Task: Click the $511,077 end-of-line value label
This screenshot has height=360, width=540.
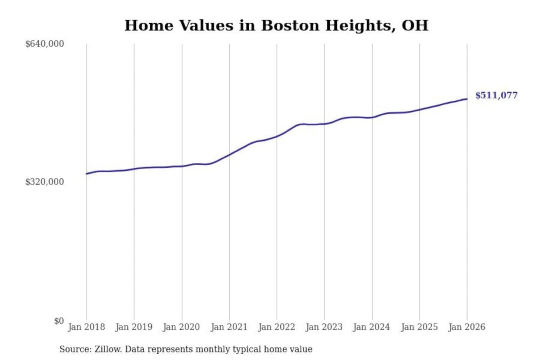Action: (496, 95)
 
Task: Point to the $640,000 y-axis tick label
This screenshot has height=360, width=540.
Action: (45, 44)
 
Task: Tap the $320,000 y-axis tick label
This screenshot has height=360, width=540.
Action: (45, 182)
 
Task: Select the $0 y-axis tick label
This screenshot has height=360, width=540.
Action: (58, 321)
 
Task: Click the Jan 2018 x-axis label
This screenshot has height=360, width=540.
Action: (86, 327)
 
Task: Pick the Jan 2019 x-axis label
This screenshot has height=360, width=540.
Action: (134, 327)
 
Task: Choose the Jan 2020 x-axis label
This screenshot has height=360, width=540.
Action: (181, 327)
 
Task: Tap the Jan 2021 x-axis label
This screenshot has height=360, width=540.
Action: (229, 327)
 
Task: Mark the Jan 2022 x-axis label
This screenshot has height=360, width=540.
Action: (277, 327)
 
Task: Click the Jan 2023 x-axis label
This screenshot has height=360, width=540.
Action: (324, 327)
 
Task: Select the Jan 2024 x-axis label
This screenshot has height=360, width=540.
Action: (372, 327)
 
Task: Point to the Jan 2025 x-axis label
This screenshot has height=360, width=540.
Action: (419, 327)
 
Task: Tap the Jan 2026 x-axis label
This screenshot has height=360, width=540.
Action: (467, 327)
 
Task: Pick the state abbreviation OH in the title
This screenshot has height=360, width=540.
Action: (415, 25)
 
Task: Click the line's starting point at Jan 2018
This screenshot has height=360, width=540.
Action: (87, 174)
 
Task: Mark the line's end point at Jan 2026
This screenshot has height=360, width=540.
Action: (467, 99)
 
